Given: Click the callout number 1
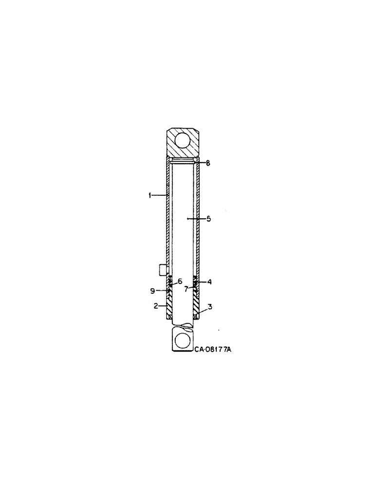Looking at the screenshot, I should (150, 195).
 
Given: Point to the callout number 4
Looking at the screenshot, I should (209, 282).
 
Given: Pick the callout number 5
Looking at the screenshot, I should (208, 219).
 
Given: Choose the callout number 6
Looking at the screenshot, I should (179, 281).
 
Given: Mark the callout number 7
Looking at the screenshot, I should (186, 289).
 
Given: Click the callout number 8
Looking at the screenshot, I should (207, 163).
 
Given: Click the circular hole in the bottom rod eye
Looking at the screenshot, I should (183, 340).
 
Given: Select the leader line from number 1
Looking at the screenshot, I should (159, 195).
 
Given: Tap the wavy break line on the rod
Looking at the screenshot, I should (183, 323).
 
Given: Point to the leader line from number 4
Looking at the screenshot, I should (201, 282).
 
